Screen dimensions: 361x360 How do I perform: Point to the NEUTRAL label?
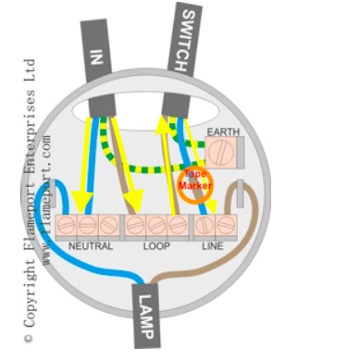point(91,247)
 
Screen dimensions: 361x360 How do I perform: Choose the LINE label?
point(213,247)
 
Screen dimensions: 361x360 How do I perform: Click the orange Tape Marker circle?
point(195,181)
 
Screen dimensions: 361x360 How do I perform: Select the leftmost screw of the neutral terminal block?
point(68,225)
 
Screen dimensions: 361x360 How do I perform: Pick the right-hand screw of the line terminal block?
point(226,225)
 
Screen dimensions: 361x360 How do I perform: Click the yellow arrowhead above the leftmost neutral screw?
point(81,201)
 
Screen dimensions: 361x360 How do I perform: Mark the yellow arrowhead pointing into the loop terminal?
point(136,201)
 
